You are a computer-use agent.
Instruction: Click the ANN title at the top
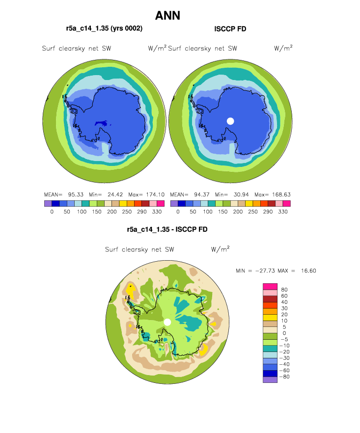click(x=167, y=16)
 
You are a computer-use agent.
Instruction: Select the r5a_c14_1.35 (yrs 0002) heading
click(x=104, y=28)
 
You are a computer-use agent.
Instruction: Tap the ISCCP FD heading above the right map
click(x=230, y=29)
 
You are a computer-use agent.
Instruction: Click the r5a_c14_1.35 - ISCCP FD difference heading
click(x=167, y=229)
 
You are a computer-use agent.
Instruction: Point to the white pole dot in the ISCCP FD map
click(x=230, y=121)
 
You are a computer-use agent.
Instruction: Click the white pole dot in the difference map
click(x=167, y=322)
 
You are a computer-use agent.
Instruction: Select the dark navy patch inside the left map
click(x=101, y=123)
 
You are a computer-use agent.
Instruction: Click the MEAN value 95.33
click(x=76, y=194)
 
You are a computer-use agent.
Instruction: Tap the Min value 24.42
click(x=115, y=194)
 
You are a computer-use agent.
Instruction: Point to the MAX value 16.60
click(x=308, y=271)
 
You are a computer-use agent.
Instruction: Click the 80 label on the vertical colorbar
click(x=284, y=290)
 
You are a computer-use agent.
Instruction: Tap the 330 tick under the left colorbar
click(x=157, y=212)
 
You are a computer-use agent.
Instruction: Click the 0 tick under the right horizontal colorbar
click(x=178, y=212)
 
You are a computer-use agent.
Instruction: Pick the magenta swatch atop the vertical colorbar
click(x=270, y=286)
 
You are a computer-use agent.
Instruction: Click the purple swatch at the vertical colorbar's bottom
click(x=270, y=379)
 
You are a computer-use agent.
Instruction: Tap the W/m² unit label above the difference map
click(x=220, y=249)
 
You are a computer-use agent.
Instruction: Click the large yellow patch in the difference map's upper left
click(x=131, y=291)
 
